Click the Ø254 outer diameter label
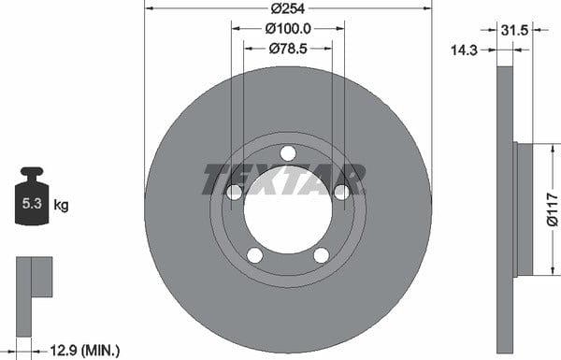pyautogui.click(x=288, y=8)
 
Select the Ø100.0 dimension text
pyautogui.click(x=288, y=29)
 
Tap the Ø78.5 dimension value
pyautogui.click(x=288, y=49)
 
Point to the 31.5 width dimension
pyautogui.click(x=514, y=31)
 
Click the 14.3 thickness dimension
pyautogui.click(x=464, y=50)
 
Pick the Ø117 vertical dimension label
pyautogui.click(x=553, y=209)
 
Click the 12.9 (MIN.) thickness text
pyautogui.click(x=85, y=350)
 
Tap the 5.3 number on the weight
pyautogui.click(x=32, y=203)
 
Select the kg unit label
pyautogui.click(x=61, y=206)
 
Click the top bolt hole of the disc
pyautogui.click(x=288, y=153)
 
